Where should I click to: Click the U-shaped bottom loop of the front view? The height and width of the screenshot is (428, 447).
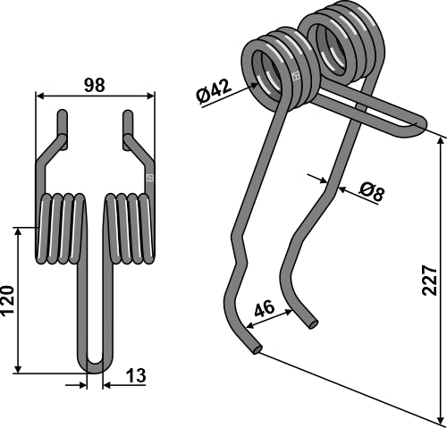tap(96, 362)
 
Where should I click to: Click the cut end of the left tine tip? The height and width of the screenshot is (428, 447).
tap(257, 350)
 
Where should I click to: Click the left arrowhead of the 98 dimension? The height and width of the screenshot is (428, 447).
tap(38, 96)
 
